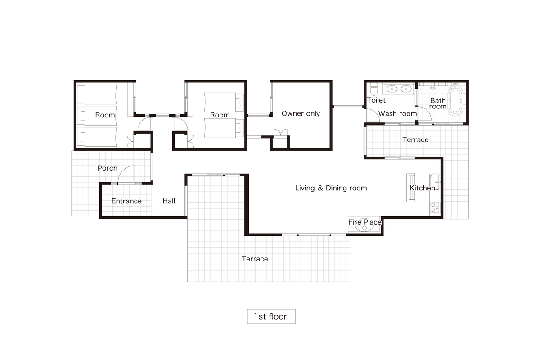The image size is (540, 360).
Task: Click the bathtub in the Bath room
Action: (x=455, y=100)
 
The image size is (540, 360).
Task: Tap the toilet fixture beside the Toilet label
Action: (x=374, y=89)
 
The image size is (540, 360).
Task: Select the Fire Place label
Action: (x=365, y=222)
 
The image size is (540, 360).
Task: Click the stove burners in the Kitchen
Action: (x=435, y=207)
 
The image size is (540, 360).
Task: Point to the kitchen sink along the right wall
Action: (x=435, y=182)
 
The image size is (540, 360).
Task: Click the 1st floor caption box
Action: (x=271, y=316)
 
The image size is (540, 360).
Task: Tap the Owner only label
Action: (x=301, y=113)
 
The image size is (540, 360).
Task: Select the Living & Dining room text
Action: (x=331, y=188)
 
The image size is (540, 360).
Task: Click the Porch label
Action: (x=107, y=168)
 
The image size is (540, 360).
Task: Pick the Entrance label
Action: (x=126, y=201)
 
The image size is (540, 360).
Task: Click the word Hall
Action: (x=169, y=201)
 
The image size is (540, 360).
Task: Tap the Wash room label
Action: (x=397, y=113)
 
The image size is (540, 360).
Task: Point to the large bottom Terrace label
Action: (x=255, y=259)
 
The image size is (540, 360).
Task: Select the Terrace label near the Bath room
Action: (x=416, y=140)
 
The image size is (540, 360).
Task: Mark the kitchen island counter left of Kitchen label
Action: (x=410, y=188)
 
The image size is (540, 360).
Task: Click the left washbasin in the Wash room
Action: (x=392, y=89)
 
